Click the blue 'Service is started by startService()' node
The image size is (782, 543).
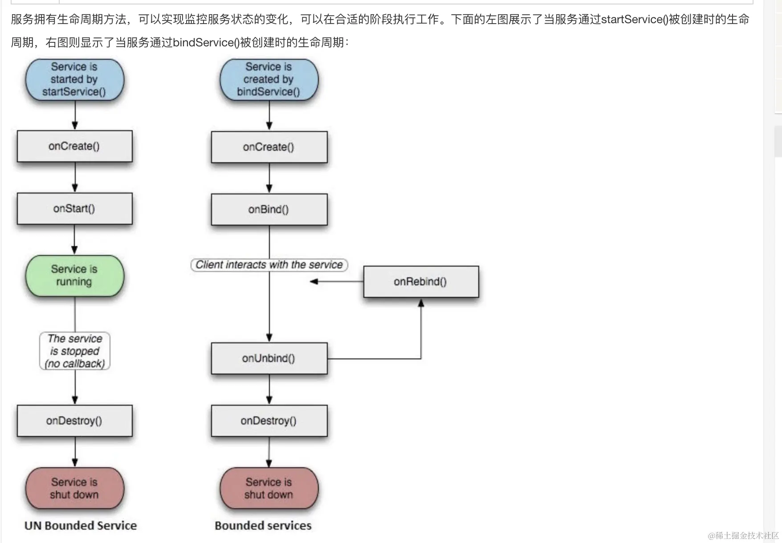74,79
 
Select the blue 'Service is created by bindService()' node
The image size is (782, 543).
269,79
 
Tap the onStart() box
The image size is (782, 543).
74,209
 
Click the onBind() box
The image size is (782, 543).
269,209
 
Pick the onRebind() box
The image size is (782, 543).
421,281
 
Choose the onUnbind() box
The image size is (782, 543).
269,358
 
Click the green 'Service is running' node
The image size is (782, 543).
74,276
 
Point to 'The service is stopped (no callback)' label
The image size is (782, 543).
75,351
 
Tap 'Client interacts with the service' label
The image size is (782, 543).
269,265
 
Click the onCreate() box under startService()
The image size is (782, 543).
74,146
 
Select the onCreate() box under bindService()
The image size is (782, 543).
269,147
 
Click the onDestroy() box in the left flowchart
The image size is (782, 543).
74,420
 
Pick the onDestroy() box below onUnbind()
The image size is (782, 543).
269,420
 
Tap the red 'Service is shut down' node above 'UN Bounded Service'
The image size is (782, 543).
74,488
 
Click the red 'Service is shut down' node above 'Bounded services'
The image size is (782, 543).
269,488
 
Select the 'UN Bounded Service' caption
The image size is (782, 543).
81,526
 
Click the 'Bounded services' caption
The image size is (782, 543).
263,526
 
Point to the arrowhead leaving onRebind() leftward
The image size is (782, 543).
314,281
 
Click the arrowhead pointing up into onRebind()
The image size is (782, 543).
421,303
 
